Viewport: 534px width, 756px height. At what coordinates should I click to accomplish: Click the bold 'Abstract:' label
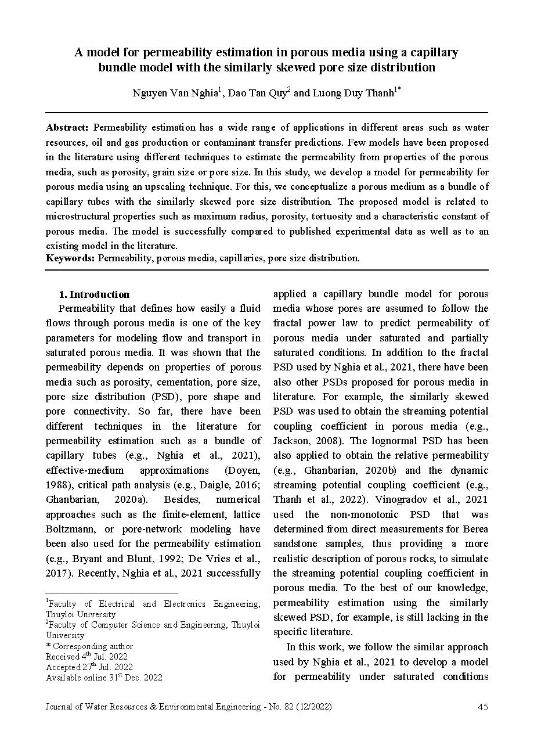coord(67,128)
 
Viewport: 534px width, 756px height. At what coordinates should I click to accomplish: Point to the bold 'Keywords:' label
coord(71,258)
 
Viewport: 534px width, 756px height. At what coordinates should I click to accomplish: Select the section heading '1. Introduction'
coord(95,294)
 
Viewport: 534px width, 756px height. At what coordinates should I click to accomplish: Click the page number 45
coord(482,707)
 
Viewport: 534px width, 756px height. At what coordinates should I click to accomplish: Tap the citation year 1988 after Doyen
coord(57,485)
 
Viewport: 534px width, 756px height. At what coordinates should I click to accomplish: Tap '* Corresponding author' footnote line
coord(89,646)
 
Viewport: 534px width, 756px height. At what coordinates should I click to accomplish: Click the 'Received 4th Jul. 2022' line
coord(86,657)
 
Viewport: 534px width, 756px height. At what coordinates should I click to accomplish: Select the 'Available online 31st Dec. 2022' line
coord(104,678)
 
